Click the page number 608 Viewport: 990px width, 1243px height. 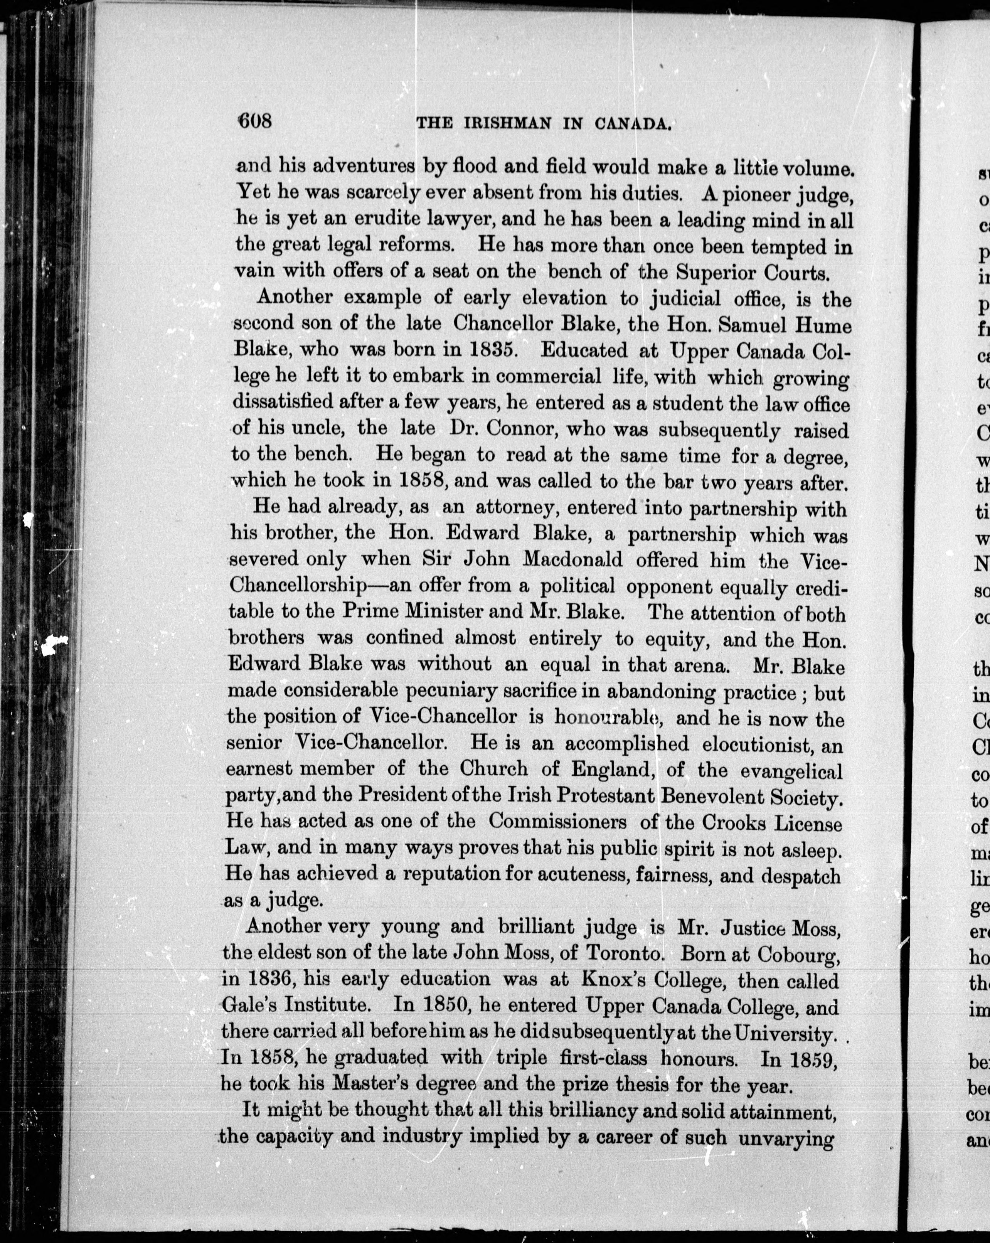(x=254, y=122)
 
